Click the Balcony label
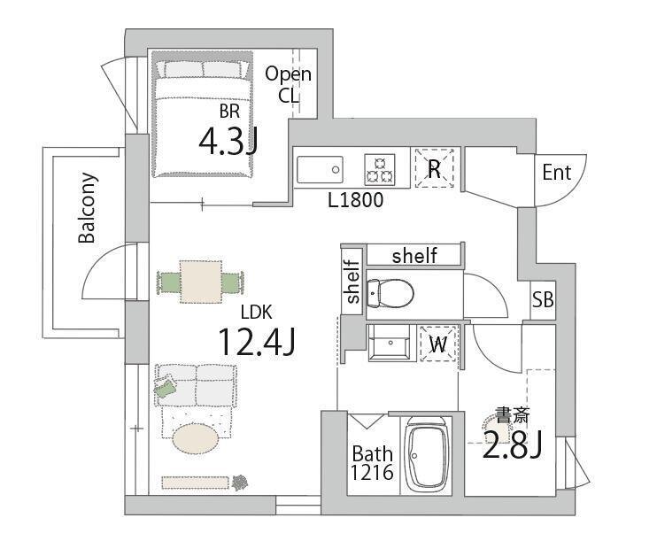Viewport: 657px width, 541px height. (88, 208)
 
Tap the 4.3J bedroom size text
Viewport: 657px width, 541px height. (228, 141)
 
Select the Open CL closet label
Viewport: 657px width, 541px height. (289, 85)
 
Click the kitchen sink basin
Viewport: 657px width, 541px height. (320, 170)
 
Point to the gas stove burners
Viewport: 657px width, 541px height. (380, 170)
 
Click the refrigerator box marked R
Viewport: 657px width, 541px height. (435, 168)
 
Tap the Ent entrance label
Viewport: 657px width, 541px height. (556, 173)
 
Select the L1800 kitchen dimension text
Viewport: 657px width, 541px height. (355, 200)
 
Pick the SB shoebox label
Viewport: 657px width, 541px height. (543, 300)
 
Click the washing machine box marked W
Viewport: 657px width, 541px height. (438, 344)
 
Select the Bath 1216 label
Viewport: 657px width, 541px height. (372, 463)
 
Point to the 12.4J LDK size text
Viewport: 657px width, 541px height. (257, 342)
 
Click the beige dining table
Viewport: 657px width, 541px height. (201, 282)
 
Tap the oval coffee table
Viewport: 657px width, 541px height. (195, 438)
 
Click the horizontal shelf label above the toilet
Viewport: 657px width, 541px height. (414, 255)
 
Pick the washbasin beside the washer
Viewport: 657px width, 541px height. (390, 343)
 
